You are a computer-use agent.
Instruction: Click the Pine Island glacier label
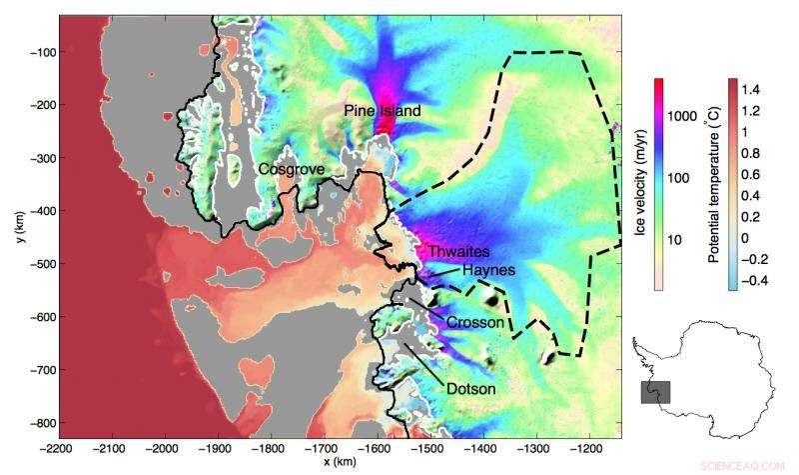tap(383, 110)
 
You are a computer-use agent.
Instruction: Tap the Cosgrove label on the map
tap(291, 169)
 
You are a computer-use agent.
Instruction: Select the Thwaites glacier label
tap(454, 253)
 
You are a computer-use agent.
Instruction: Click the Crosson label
tap(474, 322)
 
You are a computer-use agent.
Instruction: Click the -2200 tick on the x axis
tap(59, 448)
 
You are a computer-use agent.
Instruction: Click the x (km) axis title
tap(341, 464)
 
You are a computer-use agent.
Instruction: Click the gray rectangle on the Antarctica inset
tap(654, 391)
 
